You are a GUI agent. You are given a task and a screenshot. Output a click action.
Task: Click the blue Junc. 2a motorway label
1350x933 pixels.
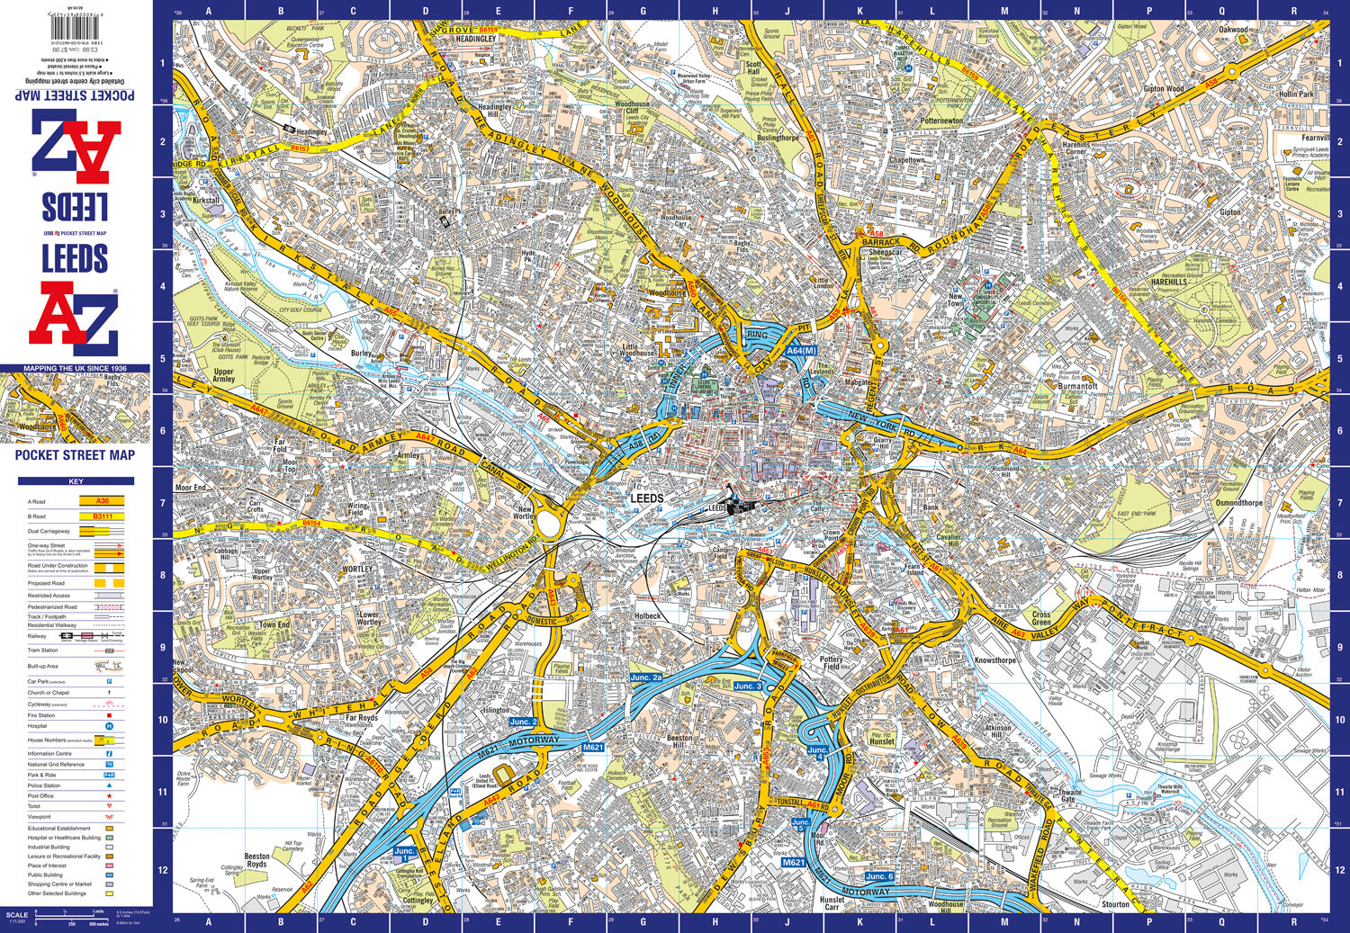[645, 677]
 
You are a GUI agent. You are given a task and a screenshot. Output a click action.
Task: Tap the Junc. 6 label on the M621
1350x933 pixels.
[879, 876]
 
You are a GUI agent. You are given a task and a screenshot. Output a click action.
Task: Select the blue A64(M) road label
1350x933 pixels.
[800, 351]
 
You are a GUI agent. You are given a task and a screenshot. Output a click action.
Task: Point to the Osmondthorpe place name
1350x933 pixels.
[1239, 503]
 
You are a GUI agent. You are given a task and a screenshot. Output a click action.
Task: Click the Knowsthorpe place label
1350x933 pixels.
[994, 659]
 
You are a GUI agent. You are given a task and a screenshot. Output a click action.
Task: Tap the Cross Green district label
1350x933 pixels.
[1041, 619]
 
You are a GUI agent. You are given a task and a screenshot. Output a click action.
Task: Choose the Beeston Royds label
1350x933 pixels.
[256, 860]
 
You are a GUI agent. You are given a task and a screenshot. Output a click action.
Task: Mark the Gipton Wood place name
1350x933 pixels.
[1163, 89]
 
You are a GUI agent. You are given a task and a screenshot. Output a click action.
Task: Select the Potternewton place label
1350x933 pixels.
[941, 121]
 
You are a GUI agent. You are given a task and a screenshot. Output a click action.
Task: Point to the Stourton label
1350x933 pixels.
[1115, 904]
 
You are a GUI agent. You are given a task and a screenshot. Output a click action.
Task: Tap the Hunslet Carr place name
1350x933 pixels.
[832, 903]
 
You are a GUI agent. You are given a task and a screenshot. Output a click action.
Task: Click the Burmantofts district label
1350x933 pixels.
[1077, 386]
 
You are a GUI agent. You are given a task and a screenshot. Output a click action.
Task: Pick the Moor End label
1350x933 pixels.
[190, 488]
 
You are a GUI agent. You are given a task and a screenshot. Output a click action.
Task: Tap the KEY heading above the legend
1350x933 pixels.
[76, 481]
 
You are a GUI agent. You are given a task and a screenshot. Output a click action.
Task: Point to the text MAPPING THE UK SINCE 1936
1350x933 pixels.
[76, 369]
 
